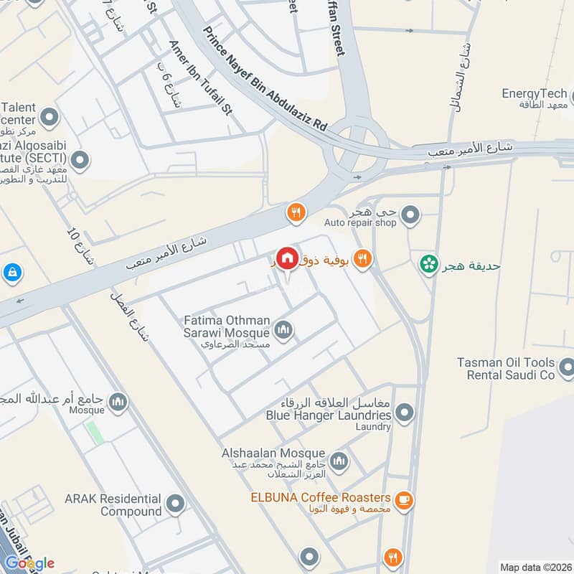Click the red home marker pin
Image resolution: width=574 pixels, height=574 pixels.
287,258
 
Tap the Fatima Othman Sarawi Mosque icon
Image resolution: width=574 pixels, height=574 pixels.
284,330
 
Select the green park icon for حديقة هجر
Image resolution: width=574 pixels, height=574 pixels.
429,265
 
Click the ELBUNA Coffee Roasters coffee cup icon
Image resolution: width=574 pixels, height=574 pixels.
404,498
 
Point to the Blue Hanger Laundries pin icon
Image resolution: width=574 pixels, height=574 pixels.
405,413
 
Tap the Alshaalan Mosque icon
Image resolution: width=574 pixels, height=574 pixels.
339,461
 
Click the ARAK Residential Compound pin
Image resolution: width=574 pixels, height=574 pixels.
175,504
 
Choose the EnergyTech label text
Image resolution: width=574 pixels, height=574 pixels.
534,94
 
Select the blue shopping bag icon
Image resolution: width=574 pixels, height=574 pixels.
11,273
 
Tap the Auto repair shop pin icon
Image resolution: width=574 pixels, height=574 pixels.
410,213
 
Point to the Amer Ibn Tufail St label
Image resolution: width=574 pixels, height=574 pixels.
201,77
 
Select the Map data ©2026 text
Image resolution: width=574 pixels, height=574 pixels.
534,567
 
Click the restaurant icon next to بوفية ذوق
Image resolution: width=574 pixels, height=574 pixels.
363,260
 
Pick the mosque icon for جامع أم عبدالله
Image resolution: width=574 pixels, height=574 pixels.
118,402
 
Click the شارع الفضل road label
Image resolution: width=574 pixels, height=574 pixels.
129,316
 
